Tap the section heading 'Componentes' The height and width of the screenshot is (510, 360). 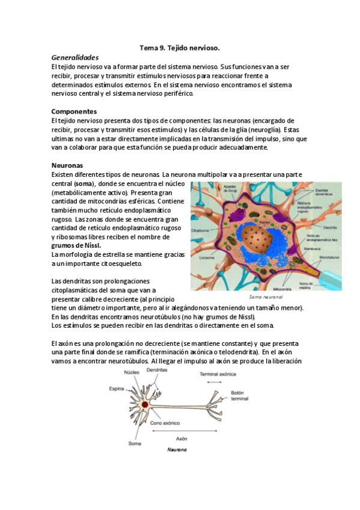(x=75, y=111)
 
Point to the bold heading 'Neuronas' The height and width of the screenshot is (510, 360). (x=67, y=165)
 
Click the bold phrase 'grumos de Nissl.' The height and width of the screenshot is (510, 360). (x=76, y=245)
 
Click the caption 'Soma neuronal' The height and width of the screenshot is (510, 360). (x=266, y=297)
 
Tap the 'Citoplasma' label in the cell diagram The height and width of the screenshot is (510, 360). (x=200, y=230)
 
